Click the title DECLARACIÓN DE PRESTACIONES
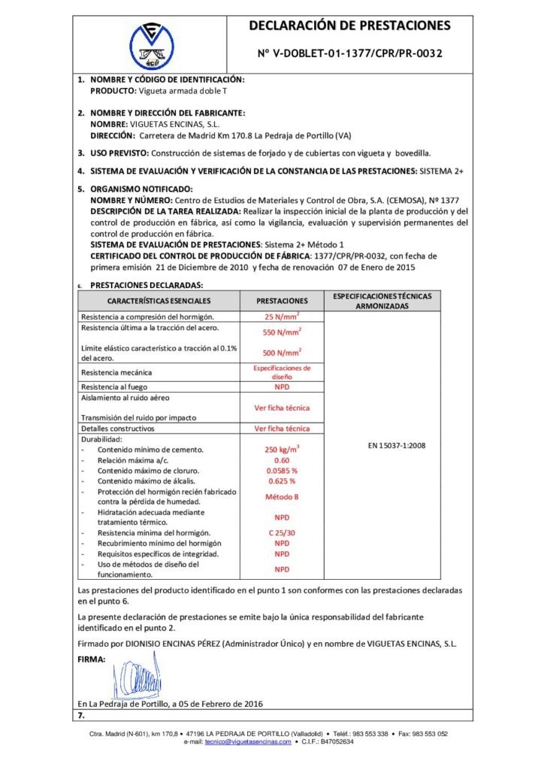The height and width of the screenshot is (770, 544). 350,26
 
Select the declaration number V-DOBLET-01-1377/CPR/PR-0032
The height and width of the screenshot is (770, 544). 350,54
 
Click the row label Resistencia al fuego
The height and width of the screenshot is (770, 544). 114,387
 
